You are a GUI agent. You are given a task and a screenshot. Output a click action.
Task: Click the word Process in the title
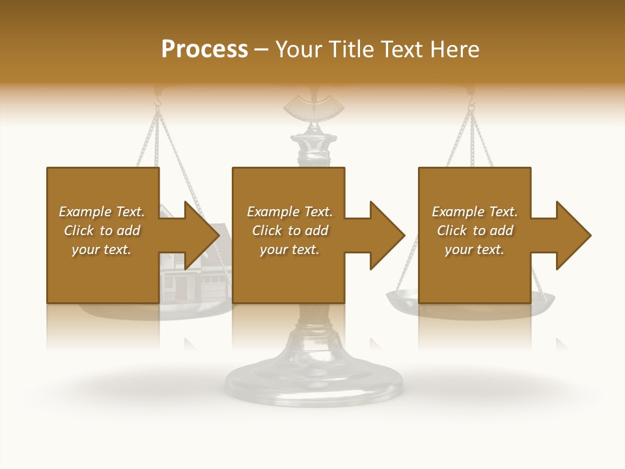tap(204, 50)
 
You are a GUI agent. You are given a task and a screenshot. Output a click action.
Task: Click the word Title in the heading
tap(350, 50)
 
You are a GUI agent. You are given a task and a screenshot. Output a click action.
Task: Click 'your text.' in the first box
tap(102, 249)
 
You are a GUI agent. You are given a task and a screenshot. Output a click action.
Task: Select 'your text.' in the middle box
tap(290, 249)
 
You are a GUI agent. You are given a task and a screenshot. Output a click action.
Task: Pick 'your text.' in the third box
tap(475, 249)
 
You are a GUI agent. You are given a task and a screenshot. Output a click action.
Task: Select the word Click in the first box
tap(79, 231)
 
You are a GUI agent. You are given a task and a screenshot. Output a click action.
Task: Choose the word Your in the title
tap(298, 50)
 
